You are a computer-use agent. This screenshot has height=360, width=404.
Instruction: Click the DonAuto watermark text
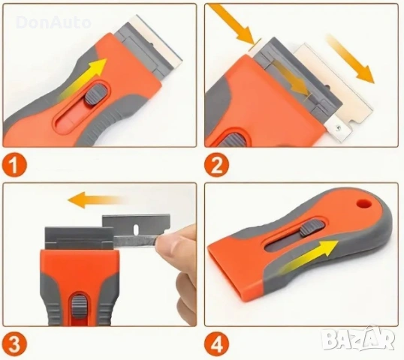53,22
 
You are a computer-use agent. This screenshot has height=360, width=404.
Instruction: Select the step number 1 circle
14,165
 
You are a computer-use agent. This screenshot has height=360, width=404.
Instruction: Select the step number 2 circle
216,165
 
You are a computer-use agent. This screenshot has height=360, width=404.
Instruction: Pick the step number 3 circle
14,344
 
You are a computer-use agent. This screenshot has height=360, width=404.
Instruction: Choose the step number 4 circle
216,344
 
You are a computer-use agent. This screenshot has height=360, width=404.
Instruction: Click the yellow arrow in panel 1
84,79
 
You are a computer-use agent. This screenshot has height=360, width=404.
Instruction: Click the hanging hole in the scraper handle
364,202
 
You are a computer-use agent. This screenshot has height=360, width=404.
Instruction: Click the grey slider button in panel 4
312,227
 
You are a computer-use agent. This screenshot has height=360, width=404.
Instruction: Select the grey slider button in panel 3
79,306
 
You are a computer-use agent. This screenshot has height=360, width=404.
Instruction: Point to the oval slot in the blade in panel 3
137,228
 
